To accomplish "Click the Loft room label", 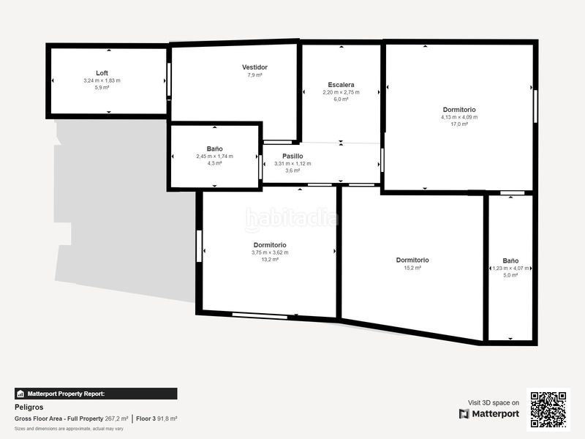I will click(102, 73).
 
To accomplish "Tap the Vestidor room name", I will click(254, 67).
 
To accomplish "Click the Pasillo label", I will click(292, 156).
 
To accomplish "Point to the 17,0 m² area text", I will click(459, 124).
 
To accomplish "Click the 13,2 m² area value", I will click(270, 260).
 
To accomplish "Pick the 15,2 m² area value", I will click(412, 268).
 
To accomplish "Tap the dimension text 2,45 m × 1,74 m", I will click(214, 156).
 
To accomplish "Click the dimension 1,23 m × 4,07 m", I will click(510, 268).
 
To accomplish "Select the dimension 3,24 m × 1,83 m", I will click(102, 80).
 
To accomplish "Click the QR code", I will click(549, 410).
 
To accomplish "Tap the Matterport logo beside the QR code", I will click(489, 414).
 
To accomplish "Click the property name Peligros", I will click(29, 406).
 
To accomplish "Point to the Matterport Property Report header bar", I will click(96, 394).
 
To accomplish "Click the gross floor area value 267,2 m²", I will click(116, 419).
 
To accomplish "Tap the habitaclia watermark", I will click(292, 219).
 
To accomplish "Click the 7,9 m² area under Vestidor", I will click(254, 75).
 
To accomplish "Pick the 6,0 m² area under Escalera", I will click(341, 99).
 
